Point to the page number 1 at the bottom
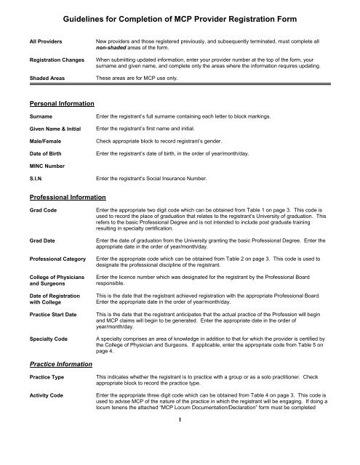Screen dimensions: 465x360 (180, 439)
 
